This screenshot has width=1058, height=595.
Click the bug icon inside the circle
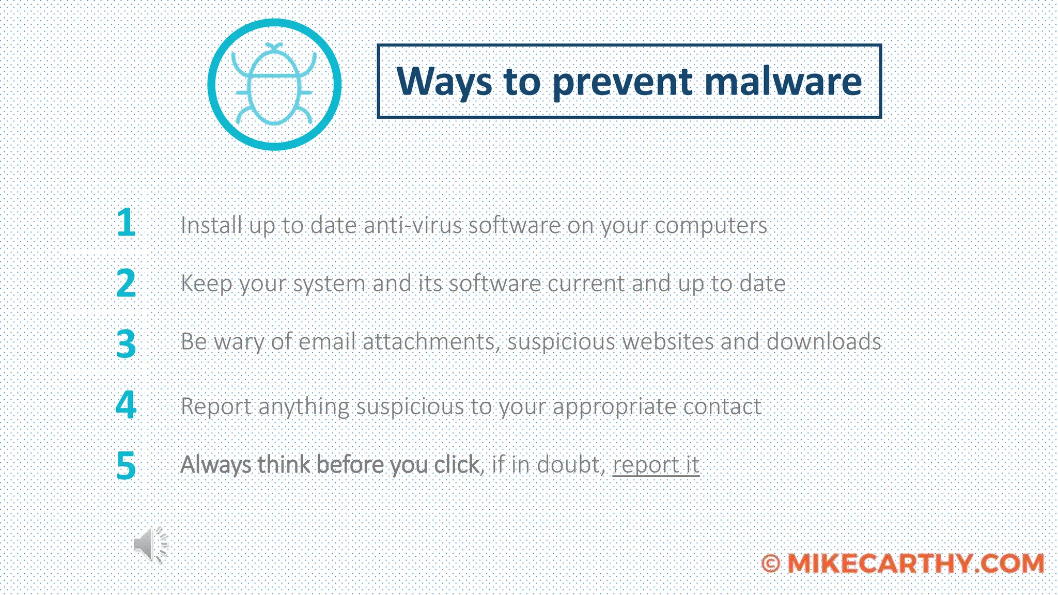tap(274, 85)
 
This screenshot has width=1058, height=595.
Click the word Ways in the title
tap(444, 82)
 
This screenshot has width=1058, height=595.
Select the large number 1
tap(126, 223)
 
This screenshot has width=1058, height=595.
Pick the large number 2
tap(126, 283)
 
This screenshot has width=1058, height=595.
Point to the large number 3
tap(126, 343)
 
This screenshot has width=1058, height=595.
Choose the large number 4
tap(126, 405)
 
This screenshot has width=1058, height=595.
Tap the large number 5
tap(126, 465)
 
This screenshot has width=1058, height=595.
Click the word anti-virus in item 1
tap(413, 225)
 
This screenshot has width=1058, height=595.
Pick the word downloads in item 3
tap(823, 341)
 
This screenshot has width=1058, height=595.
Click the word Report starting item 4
tap(216, 406)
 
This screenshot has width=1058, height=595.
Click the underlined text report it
tap(656, 465)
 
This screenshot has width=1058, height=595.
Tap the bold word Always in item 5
tap(215, 465)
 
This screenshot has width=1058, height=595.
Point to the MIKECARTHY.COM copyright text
tap(903, 563)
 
